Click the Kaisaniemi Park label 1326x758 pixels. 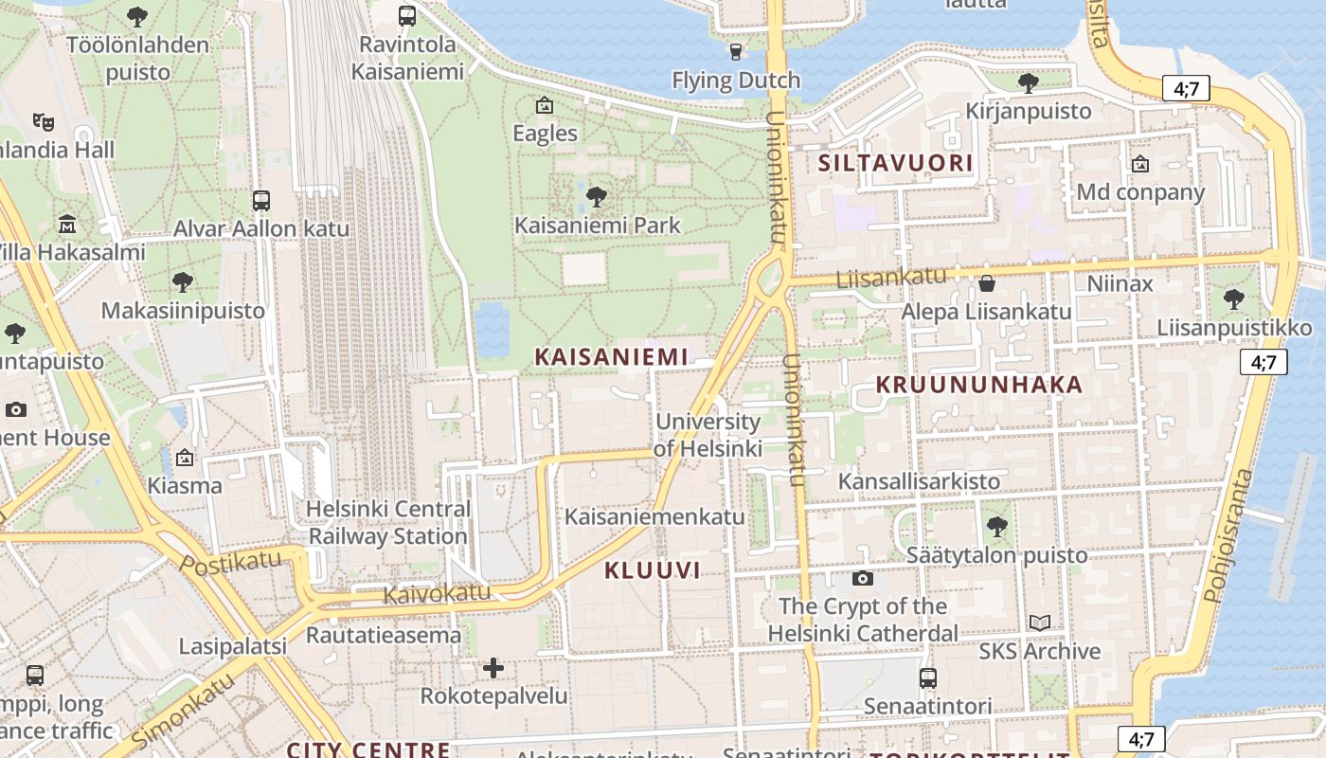pos(597,226)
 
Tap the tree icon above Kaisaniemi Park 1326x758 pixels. pos(597,197)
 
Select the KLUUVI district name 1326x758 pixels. pos(653,569)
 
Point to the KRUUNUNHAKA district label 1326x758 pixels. pos(978,385)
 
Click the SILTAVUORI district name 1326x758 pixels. pos(895,163)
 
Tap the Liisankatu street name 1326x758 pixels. pos(891,278)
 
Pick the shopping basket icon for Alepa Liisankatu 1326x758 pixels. pos(987,283)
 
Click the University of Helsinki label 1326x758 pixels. pos(708,435)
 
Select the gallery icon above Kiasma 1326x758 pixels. pos(185,458)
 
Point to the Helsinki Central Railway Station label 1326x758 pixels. pos(388,522)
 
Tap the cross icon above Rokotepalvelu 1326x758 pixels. pos(493,668)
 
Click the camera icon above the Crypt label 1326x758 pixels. pos(862,578)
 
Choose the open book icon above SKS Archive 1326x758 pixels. pos(1040,623)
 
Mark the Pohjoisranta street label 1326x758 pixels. pos(1228,535)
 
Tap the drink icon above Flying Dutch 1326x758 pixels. pos(736,51)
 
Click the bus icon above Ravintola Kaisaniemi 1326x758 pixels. pos(407,15)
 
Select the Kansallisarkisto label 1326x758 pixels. pos(919,481)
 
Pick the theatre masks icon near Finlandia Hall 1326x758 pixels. pos(43,121)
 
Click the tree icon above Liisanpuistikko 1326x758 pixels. pos(1233,299)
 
